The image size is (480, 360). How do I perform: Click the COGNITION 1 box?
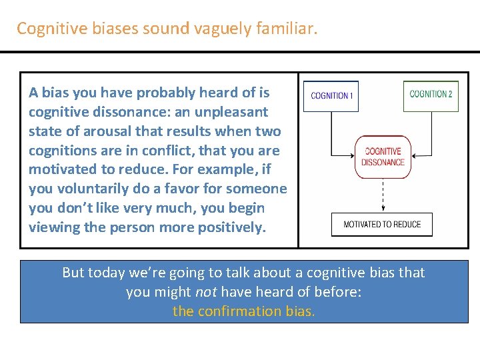pyautogui.click(x=332, y=96)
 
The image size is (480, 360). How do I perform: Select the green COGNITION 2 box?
pyautogui.click(x=431, y=95)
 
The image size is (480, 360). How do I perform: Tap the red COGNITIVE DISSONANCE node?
pyautogui.click(x=383, y=157)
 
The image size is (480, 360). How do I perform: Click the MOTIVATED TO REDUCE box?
pyautogui.click(x=382, y=225)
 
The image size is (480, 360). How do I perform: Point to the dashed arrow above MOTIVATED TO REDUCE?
pyautogui.click(x=383, y=195)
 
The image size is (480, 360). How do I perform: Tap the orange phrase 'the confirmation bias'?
pyautogui.click(x=243, y=311)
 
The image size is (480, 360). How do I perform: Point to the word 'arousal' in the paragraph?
pyautogui.click(x=95, y=131)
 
